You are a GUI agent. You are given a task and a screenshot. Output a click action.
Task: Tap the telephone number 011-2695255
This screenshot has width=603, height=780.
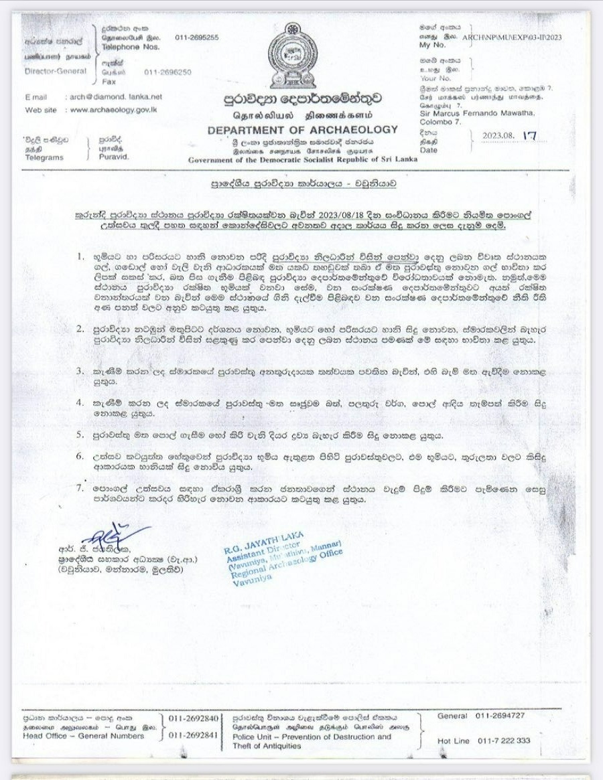pyautogui.click(x=197, y=37)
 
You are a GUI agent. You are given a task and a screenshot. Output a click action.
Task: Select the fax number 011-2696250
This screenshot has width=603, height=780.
pyautogui.click(x=167, y=72)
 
